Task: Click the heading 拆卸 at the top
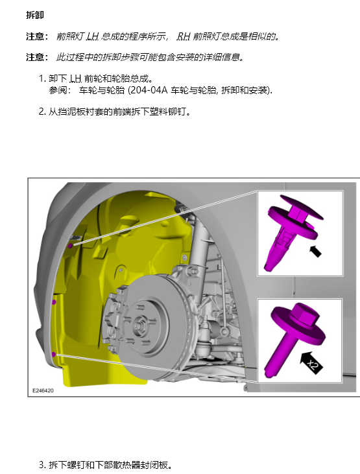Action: coord(35,15)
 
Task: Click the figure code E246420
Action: coord(43,390)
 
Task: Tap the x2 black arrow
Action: coord(311,362)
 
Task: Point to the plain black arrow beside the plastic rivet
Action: coord(315,252)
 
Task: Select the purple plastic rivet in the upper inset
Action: coord(291,231)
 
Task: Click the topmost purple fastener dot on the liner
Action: coord(70,246)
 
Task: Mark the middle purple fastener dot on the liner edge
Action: coord(54,302)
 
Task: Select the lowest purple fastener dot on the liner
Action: coord(54,354)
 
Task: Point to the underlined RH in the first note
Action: coord(184,36)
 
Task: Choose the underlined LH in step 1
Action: coord(75,78)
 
